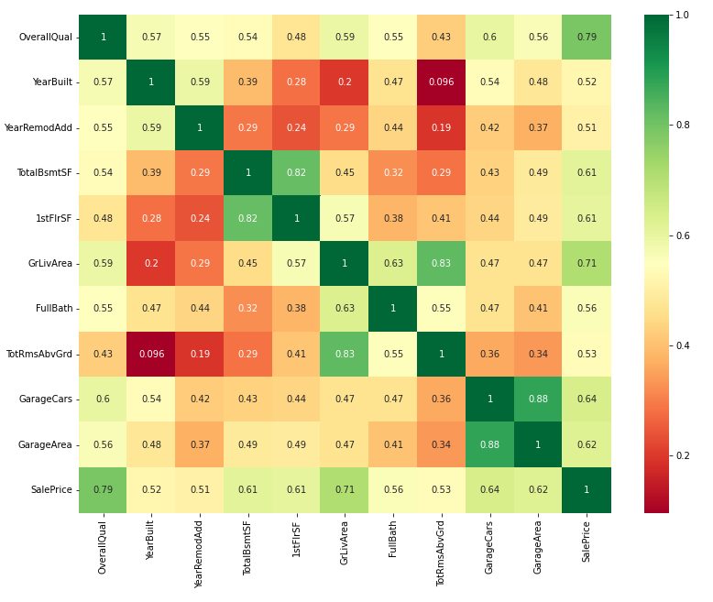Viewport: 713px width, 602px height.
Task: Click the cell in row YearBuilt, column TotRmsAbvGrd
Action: [x=442, y=82]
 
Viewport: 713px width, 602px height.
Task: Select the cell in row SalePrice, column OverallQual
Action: [x=104, y=489]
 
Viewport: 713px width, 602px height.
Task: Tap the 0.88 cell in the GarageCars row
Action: [x=539, y=399]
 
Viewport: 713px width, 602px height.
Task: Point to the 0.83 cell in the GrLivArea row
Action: [x=442, y=263]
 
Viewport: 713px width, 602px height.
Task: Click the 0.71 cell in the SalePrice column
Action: [x=587, y=263]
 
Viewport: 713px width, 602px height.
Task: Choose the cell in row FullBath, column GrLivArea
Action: [x=346, y=308]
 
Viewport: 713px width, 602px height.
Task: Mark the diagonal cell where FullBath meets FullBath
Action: [x=393, y=308]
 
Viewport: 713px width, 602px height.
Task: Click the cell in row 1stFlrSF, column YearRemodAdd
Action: [x=200, y=218]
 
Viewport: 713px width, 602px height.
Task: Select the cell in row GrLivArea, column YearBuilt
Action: [x=151, y=263]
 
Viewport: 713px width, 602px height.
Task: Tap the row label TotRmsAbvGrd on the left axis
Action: [x=40, y=354]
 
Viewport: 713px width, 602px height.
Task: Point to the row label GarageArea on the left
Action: [x=46, y=444]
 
